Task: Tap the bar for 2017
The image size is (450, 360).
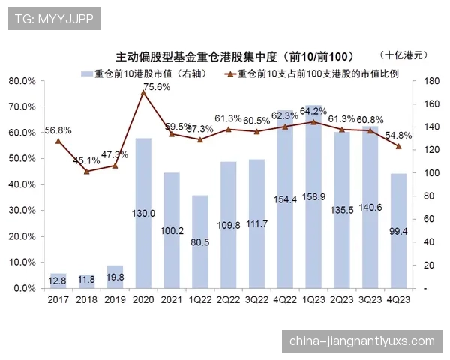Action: pos(58,280)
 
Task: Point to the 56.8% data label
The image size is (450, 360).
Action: pos(58,130)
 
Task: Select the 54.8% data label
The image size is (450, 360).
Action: pos(397,136)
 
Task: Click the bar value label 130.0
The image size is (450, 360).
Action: pos(143,213)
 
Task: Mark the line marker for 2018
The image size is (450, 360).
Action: pos(86,171)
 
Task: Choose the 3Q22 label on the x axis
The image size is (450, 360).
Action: pos(256,300)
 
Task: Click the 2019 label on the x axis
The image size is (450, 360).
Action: pos(115,300)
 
